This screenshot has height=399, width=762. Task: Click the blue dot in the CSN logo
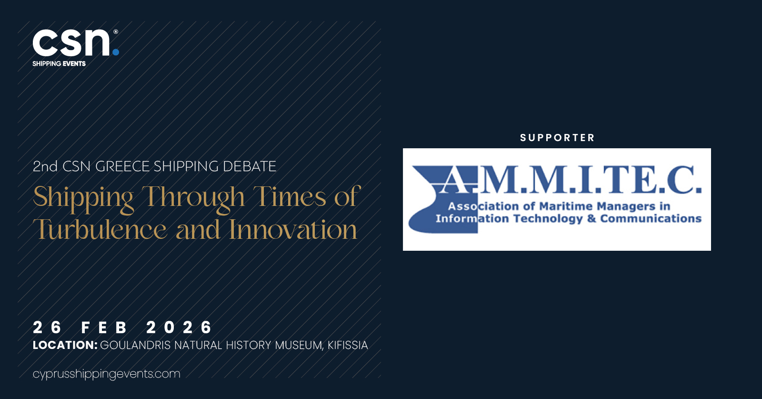pyautogui.click(x=116, y=52)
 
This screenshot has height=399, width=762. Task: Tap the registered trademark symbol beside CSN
pyautogui.click(x=116, y=32)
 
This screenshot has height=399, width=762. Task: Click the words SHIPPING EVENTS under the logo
pyautogui.click(x=59, y=64)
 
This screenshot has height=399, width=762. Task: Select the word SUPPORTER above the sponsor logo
pyautogui.click(x=557, y=138)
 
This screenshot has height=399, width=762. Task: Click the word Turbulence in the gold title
pyautogui.click(x=100, y=229)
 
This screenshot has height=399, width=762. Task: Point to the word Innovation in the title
pyautogui.click(x=293, y=229)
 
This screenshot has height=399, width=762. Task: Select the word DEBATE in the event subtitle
pyautogui.click(x=250, y=166)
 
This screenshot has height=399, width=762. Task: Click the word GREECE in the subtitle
pyautogui.click(x=122, y=166)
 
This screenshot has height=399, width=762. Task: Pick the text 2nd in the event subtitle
pyautogui.click(x=45, y=166)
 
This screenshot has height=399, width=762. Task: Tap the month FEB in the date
pyautogui.click(x=104, y=327)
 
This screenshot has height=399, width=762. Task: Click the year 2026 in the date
pyautogui.click(x=179, y=327)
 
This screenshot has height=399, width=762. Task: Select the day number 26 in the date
pyautogui.click(x=47, y=327)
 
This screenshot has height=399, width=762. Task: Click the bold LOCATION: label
pyautogui.click(x=65, y=345)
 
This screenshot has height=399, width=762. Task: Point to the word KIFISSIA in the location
pyautogui.click(x=348, y=345)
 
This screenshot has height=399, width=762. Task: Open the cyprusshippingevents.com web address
pyautogui.click(x=107, y=374)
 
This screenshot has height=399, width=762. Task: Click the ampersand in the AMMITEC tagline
pyautogui.click(x=592, y=218)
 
